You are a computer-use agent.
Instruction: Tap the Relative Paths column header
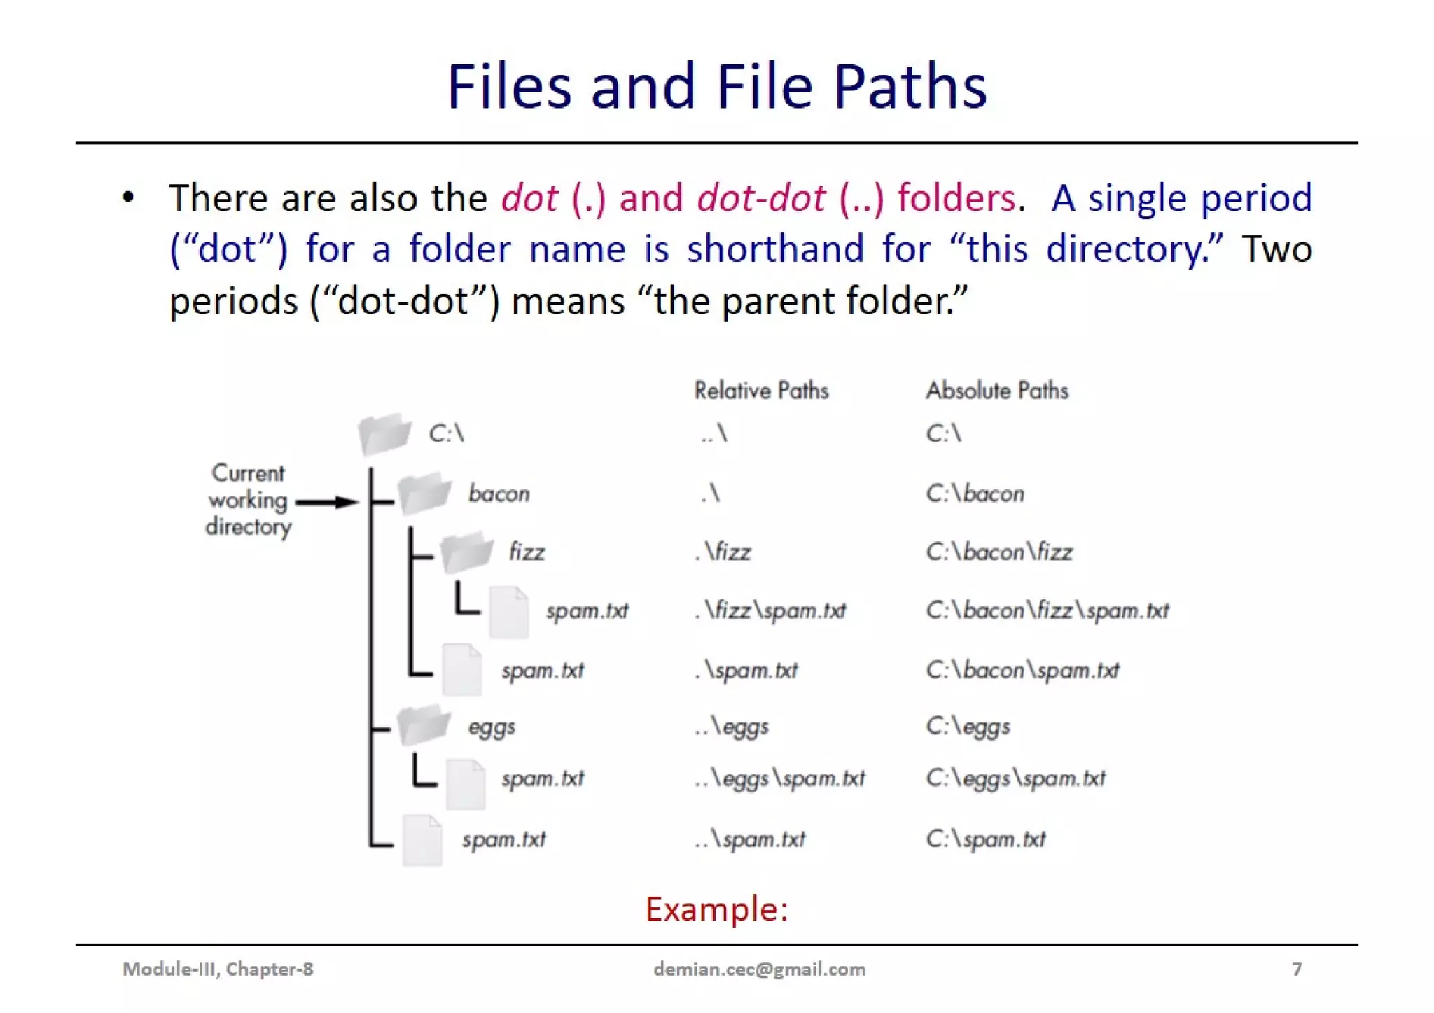click(x=761, y=391)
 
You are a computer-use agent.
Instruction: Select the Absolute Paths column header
click(x=997, y=391)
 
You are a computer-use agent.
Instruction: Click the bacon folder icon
click(x=424, y=493)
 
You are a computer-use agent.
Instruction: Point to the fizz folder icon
click(x=466, y=551)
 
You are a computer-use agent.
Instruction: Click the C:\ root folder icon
click(x=384, y=433)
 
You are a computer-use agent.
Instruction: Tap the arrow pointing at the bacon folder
click(x=327, y=502)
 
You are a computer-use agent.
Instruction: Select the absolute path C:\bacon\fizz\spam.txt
click(x=1047, y=610)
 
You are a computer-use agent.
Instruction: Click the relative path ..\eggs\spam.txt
click(x=779, y=778)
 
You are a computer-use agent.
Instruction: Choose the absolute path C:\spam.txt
click(x=985, y=839)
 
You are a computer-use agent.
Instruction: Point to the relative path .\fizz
click(x=723, y=552)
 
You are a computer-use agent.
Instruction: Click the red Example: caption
click(x=716, y=909)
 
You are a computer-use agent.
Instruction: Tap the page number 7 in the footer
click(x=1297, y=969)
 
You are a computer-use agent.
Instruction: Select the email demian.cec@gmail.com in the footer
click(x=759, y=969)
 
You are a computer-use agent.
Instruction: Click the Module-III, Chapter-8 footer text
click(x=218, y=969)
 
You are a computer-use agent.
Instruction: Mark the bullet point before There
click(x=128, y=197)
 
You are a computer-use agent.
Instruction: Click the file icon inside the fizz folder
click(x=508, y=613)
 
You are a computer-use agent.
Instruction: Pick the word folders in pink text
click(x=956, y=198)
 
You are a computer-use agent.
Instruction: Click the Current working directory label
click(x=248, y=500)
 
